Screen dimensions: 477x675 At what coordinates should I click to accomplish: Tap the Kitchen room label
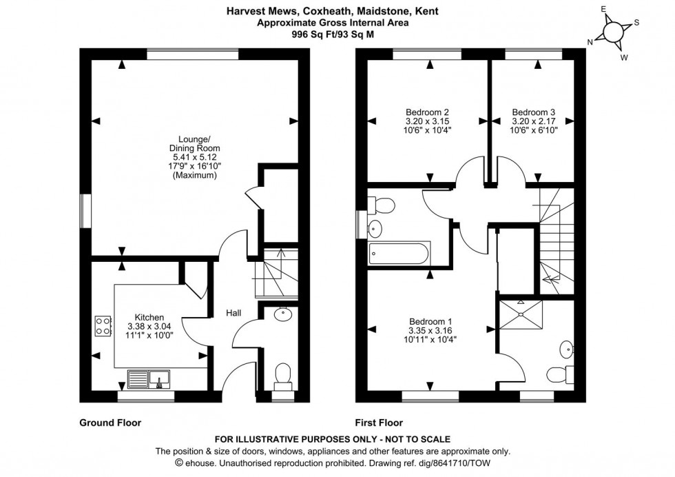149,317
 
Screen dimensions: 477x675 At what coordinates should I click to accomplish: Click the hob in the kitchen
103,326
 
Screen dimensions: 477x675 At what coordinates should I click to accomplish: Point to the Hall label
233,314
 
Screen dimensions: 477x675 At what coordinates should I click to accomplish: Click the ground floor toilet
281,375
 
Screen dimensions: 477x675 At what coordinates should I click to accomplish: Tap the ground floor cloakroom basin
282,315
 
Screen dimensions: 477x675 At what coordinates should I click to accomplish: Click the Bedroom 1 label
430,321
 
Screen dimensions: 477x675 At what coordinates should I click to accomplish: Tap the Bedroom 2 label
427,112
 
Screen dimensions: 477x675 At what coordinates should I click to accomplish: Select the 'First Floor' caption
379,423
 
